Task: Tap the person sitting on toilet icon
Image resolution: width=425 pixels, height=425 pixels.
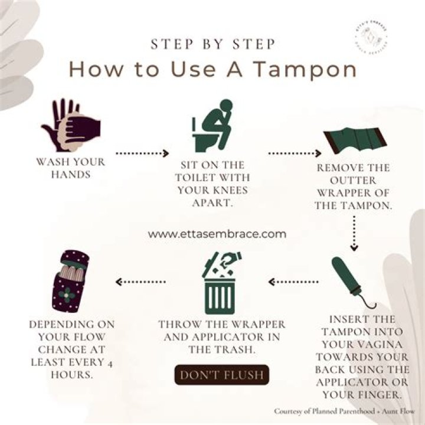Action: pos(212,125)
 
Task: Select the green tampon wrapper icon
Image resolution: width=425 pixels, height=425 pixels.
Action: pos(355,141)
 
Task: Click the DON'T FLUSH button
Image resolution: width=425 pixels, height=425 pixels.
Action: pos(221,375)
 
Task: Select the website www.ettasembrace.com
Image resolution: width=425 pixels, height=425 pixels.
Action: pos(217,234)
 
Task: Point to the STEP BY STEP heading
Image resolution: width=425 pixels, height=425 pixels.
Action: pos(212,44)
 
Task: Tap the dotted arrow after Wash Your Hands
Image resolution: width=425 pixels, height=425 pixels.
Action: pos(141,153)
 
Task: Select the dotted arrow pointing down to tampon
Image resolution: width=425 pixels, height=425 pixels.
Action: pos(354,233)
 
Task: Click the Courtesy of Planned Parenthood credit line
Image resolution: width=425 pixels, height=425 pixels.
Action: pos(344,411)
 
